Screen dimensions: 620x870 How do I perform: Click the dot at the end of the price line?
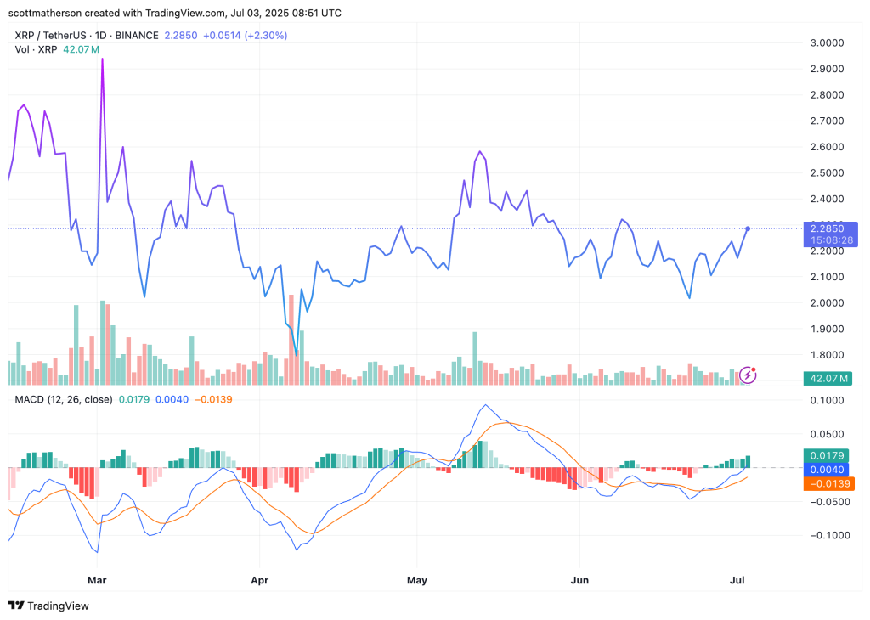tap(748, 228)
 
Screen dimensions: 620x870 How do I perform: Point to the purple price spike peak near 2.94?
tap(103, 59)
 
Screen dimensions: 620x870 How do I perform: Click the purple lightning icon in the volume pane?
tap(748, 374)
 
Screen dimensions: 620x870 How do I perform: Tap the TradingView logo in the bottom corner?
tap(49, 606)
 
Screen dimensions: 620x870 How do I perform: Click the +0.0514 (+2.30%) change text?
tap(246, 36)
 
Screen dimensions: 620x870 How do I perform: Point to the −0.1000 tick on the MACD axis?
tap(828, 535)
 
